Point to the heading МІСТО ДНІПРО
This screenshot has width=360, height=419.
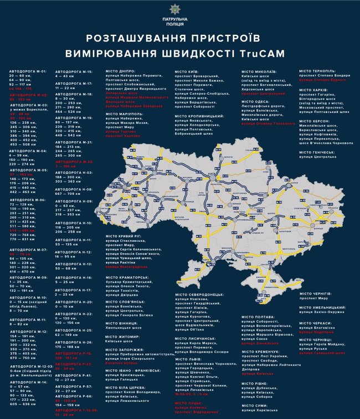click(x=121, y=72)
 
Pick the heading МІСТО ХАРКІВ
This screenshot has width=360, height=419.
click(x=313, y=90)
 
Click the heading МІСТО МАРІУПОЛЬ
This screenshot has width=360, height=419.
click(x=127, y=113)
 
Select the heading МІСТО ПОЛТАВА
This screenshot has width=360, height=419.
click(x=258, y=317)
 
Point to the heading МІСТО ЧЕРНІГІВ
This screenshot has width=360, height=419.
click(x=316, y=293)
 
